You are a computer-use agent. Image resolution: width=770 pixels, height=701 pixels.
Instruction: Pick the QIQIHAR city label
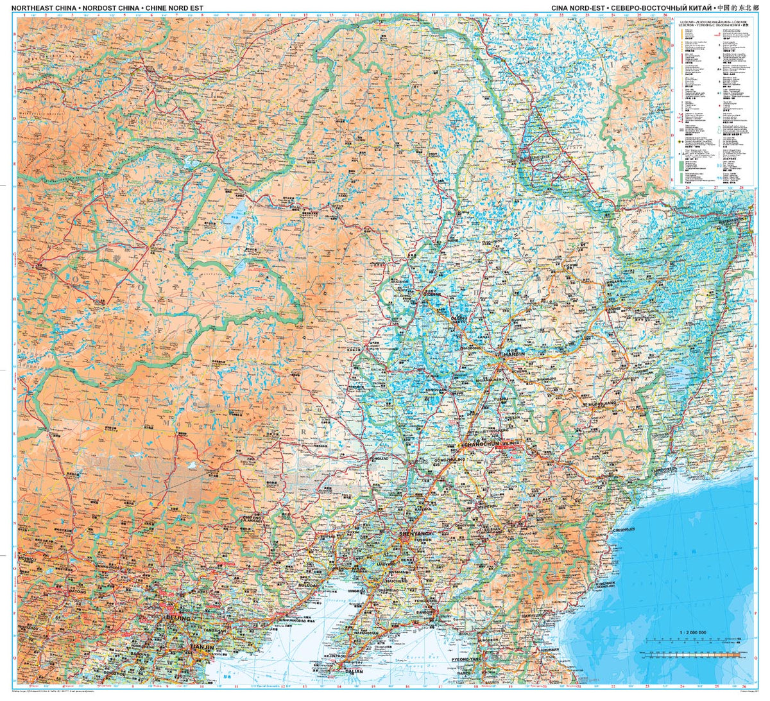tap(428, 294)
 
